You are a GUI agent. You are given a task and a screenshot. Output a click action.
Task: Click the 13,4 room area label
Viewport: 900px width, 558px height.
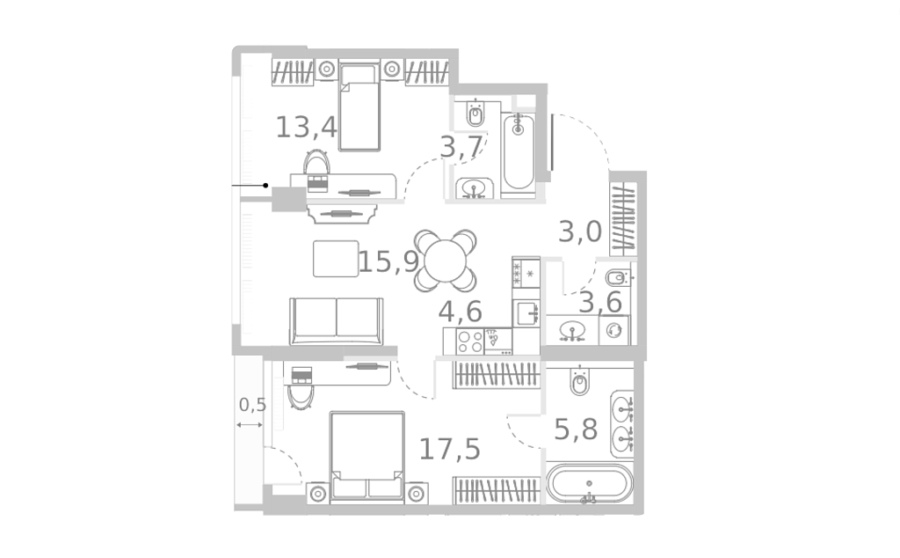click(x=307, y=127)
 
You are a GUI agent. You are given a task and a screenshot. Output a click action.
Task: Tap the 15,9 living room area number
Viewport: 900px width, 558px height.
click(x=388, y=262)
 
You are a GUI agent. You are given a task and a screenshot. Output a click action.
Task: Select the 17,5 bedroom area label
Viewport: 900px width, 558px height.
click(x=449, y=449)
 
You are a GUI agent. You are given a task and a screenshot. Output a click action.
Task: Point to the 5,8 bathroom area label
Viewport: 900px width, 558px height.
click(x=576, y=430)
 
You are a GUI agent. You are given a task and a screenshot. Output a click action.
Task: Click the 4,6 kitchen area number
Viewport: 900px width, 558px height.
click(x=461, y=312)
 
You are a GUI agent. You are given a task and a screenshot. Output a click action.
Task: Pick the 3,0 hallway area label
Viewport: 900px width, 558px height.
click(x=580, y=232)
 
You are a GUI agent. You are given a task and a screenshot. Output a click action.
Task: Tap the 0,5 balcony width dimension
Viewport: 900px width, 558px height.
click(x=252, y=405)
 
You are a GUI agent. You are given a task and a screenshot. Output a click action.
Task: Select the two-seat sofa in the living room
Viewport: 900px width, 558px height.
click(x=337, y=321)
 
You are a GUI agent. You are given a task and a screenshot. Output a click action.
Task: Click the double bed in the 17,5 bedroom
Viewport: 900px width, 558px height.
click(x=367, y=457)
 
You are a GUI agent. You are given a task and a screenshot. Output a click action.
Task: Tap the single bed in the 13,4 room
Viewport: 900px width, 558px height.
click(x=359, y=107)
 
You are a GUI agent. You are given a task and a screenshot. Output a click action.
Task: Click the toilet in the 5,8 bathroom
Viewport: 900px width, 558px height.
click(x=580, y=380)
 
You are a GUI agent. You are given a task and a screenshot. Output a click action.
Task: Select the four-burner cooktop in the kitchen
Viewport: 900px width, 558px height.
click(x=470, y=341)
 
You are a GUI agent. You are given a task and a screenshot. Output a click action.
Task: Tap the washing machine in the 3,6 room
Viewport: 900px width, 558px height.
click(x=614, y=330)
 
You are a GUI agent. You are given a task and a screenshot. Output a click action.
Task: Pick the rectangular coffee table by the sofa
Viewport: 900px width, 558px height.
click(x=336, y=259)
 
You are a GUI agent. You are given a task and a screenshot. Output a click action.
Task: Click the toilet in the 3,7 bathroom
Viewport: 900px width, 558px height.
click(x=475, y=114)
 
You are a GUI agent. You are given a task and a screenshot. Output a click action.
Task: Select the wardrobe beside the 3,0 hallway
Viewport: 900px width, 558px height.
click(x=623, y=219)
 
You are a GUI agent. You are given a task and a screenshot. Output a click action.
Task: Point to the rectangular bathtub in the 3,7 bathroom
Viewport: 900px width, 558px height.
click(x=519, y=151)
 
